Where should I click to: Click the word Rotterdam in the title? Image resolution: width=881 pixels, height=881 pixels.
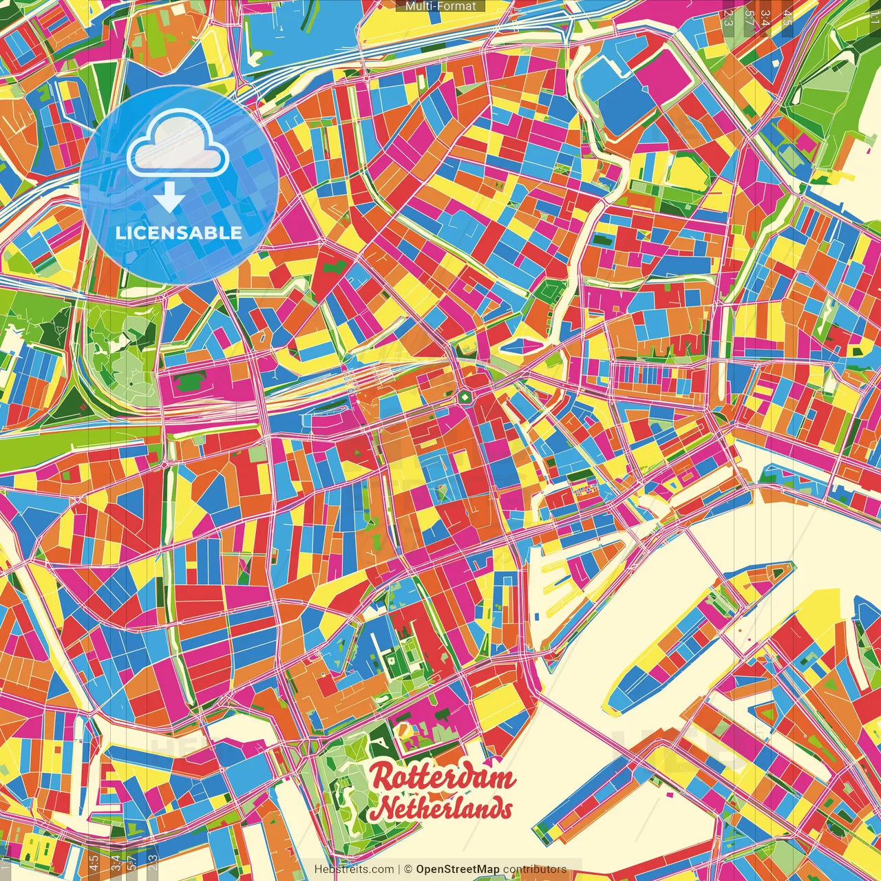click(443, 778)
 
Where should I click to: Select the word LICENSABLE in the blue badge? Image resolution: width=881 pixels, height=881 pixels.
click(179, 233)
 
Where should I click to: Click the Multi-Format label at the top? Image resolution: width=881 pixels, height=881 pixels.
click(440, 6)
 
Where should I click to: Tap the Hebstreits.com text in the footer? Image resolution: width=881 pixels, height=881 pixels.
click(354, 869)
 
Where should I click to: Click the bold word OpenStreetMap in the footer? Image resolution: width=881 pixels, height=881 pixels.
click(458, 869)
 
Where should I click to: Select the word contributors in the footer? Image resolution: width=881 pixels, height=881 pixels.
click(535, 869)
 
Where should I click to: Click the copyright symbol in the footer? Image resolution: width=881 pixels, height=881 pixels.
click(407, 869)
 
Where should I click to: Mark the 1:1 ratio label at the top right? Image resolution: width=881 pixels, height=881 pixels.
click(874, 15)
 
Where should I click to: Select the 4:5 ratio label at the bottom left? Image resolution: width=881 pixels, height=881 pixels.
click(94, 862)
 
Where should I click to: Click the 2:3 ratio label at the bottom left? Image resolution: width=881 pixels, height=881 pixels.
click(153, 862)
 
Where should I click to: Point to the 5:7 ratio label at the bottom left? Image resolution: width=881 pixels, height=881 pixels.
click(132, 862)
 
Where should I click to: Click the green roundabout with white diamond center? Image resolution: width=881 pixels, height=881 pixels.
click(465, 397)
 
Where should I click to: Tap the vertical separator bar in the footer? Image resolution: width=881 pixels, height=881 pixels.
click(399, 869)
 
